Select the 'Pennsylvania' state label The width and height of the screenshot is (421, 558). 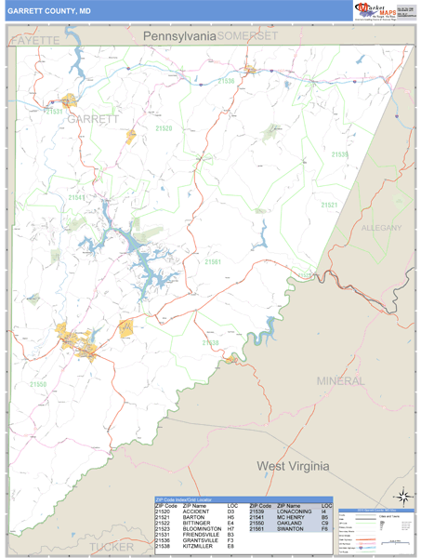point(179,35)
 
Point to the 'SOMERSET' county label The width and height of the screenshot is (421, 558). point(247,35)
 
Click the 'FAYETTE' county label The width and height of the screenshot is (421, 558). point(34,42)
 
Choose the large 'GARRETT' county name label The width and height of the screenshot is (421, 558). point(93,119)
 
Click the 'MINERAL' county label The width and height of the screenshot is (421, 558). point(340,381)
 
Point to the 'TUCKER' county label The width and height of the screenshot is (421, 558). point(112,547)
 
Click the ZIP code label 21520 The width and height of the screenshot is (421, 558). point(163,128)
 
